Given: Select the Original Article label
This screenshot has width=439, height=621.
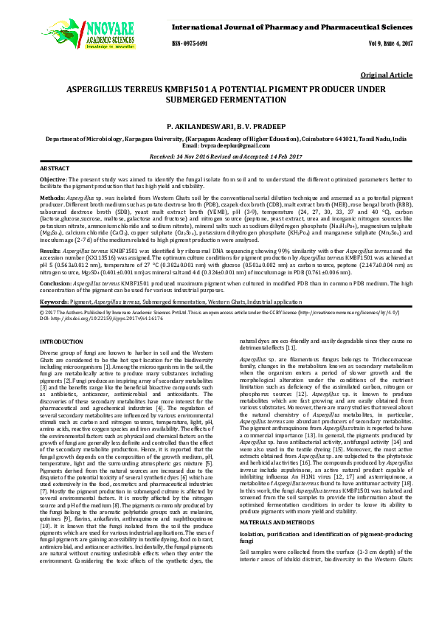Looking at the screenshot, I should tap(386, 76).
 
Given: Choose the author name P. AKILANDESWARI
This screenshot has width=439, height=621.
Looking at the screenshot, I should tap(195, 127).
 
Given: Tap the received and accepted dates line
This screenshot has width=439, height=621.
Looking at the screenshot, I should tap(220, 156).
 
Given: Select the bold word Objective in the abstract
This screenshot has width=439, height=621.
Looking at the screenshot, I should tap(52, 180).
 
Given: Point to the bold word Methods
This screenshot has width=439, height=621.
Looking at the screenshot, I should tap(51, 198).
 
